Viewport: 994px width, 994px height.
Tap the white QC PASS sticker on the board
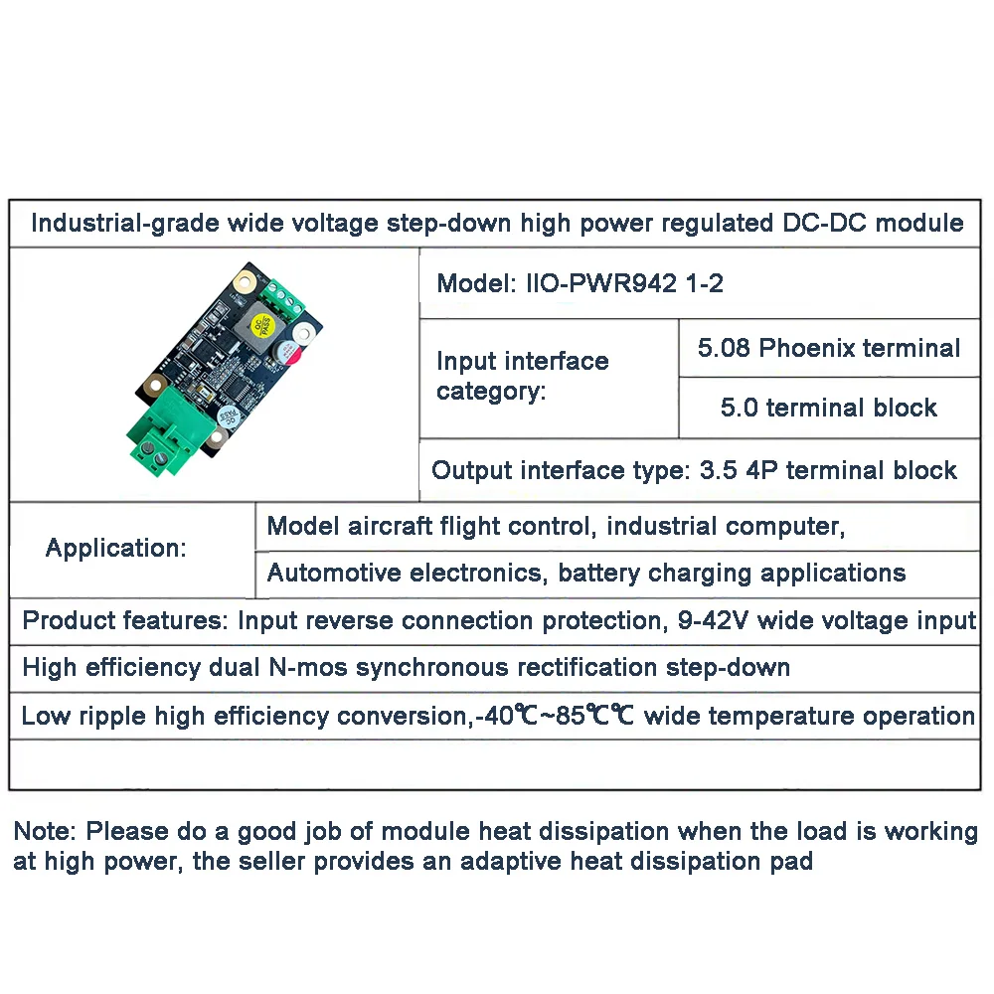tap(228, 416)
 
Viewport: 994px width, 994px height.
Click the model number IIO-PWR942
tap(602, 283)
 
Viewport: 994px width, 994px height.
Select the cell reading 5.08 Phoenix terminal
tap(829, 348)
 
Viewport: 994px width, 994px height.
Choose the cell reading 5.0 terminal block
tap(829, 408)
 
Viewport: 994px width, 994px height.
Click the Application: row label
tap(116, 548)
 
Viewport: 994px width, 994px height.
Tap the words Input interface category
tap(522, 376)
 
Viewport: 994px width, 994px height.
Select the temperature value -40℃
tap(508, 716)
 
